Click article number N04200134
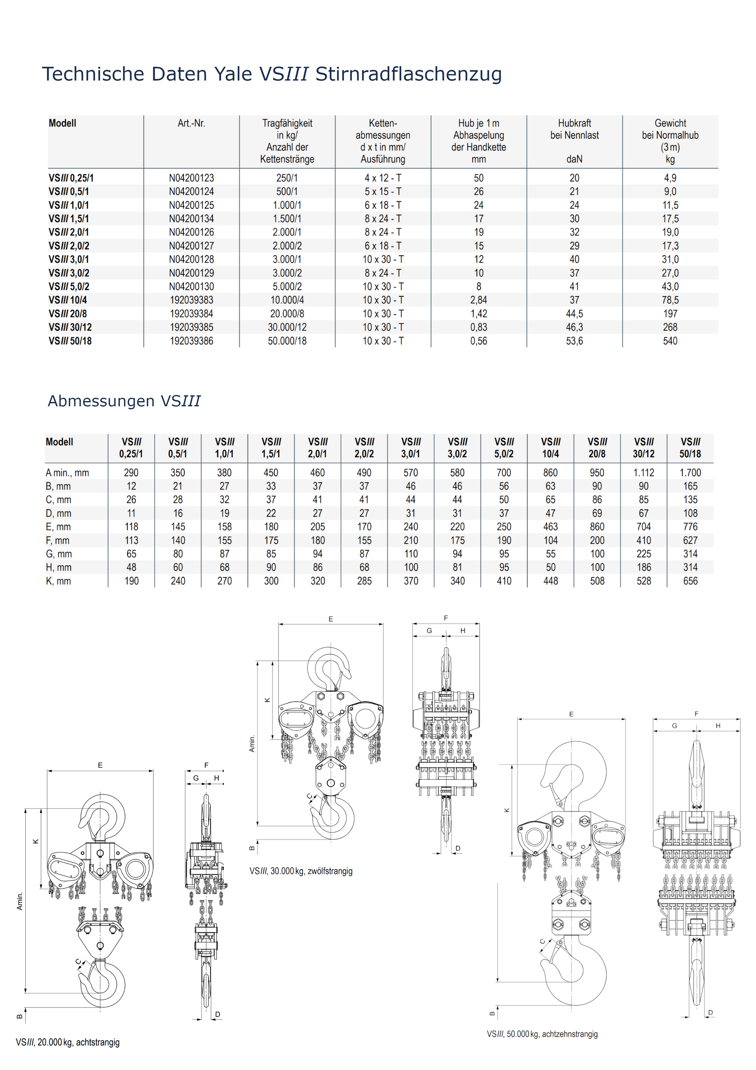(191, 218)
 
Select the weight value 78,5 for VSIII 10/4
(670, 300)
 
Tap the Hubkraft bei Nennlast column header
(574, 129)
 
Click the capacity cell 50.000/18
(287, 341)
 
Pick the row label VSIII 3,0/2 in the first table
(69, 273)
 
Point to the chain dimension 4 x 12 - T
(383, 178)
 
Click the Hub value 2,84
(478, 300)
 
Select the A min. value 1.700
(690, 473)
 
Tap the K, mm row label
(58, 581)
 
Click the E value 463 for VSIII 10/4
(550, 527)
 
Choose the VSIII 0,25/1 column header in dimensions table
(131, 448)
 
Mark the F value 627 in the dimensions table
(690, 541)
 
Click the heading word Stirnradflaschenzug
(409, 74)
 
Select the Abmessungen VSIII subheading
(124, 401)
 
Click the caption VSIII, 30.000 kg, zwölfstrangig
(301, 871)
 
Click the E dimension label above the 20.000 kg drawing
(100, 765)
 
